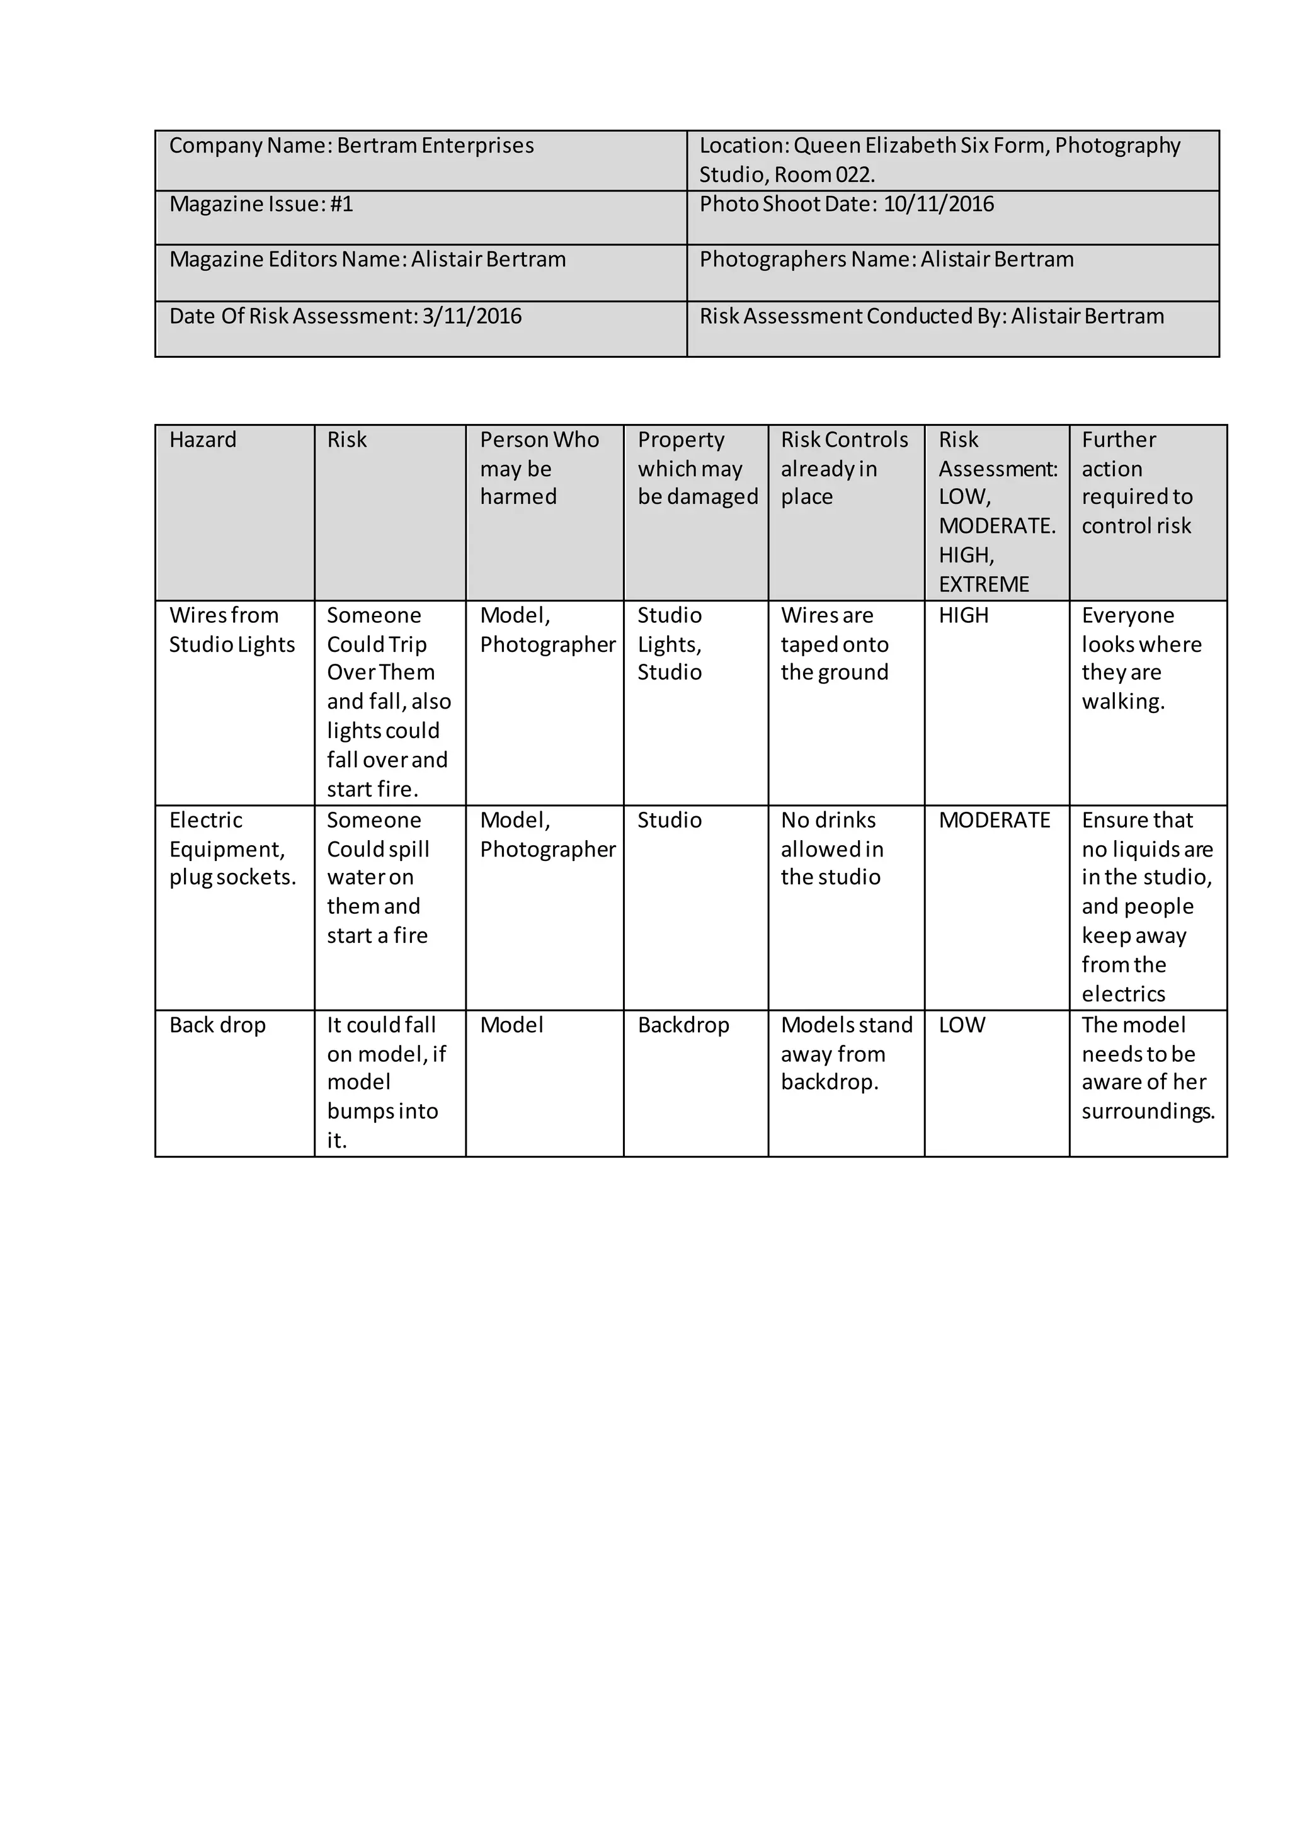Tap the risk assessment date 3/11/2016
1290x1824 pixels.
(472, 316)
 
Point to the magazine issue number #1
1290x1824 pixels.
(341, 204)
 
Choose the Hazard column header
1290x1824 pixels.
(203, 440)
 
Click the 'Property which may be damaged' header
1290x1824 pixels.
(697, 468)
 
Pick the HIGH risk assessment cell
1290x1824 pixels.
(964, 616)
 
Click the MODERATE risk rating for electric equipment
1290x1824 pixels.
(995, 821)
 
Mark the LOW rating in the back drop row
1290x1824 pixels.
(962, 1025)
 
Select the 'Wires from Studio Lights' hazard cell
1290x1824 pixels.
(231, 630)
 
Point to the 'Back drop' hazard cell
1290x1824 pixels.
(217, 1025)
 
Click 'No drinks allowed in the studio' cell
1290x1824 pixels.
(831, 848)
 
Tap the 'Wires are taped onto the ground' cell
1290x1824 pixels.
(834, 644)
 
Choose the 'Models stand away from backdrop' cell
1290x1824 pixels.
(846, 1054)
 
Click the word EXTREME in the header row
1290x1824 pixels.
(983, 584)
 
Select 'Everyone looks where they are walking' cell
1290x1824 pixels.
(1141, 659)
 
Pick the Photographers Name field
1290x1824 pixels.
(886, 259)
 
